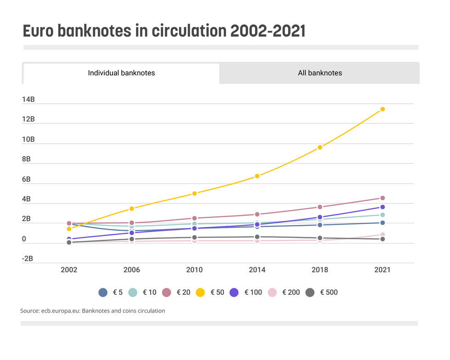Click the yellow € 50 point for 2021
tap(382, 109)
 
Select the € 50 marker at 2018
tap(320, 147)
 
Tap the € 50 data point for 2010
tap(195, 193)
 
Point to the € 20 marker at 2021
tap(382, 198)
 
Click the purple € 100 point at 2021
tap(382, 207)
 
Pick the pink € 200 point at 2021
tap(382, 235)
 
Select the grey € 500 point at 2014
tap(257, 237)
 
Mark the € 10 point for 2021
tap(382, 215)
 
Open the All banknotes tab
tap(320, 73)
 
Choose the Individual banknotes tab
tap(121, 73)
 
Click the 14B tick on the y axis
tap(28, 100)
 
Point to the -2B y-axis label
tap(28, 259)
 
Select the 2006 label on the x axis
tap(132, 270)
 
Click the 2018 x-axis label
tap(320, 270)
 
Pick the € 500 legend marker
tap(310, 292)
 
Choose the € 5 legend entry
tap(110, 292)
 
